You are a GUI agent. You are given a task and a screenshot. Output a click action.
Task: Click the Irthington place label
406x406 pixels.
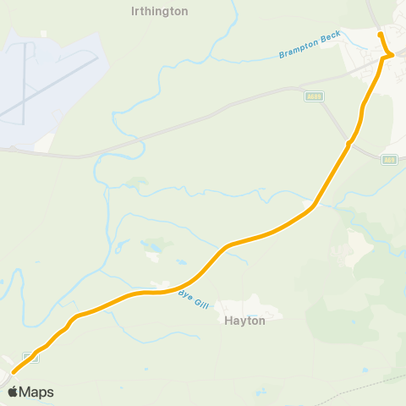pos(160,12)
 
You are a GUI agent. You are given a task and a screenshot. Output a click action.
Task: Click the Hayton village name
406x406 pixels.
pos(244,321)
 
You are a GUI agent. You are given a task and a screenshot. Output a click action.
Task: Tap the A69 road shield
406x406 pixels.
pos(388,159)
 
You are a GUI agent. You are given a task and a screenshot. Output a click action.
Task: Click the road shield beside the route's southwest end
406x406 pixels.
pos(31,357)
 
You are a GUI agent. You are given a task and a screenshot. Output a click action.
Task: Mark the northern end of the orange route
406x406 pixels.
pos(380,34)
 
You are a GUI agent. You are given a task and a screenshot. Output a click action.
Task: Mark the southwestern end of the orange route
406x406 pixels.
pos(13,370)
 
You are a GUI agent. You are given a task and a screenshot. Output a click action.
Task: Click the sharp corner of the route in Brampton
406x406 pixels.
pos(390,56)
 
